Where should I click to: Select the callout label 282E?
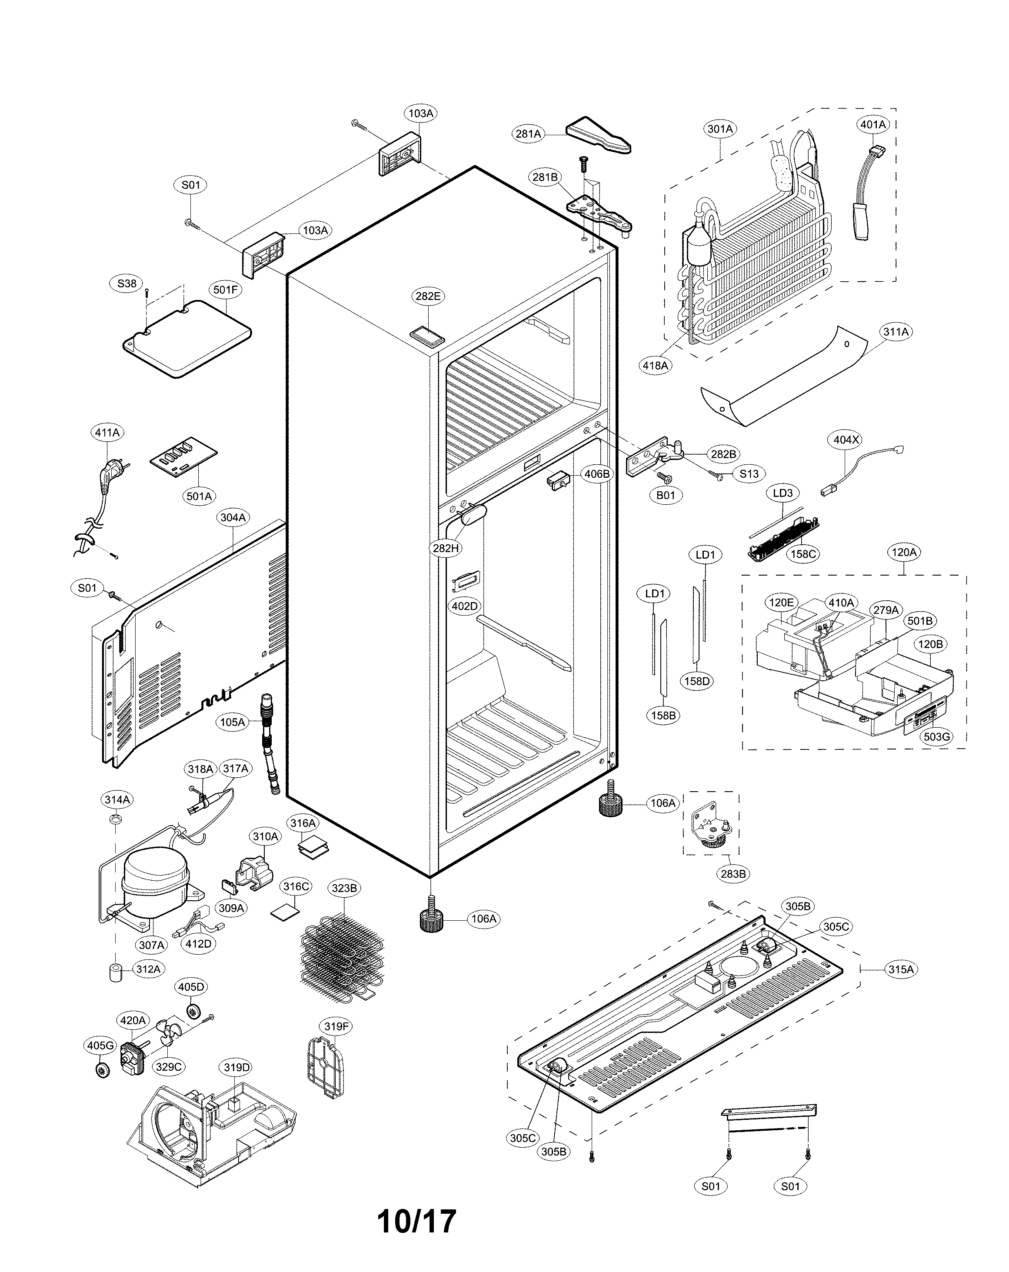pos(428,296)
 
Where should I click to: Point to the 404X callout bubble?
pos(846,440)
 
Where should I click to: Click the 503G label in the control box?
pos(936,736)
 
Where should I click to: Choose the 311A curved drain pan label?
pos(896,332)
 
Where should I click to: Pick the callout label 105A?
pos(233,722)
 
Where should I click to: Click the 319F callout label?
pos(336,1026)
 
